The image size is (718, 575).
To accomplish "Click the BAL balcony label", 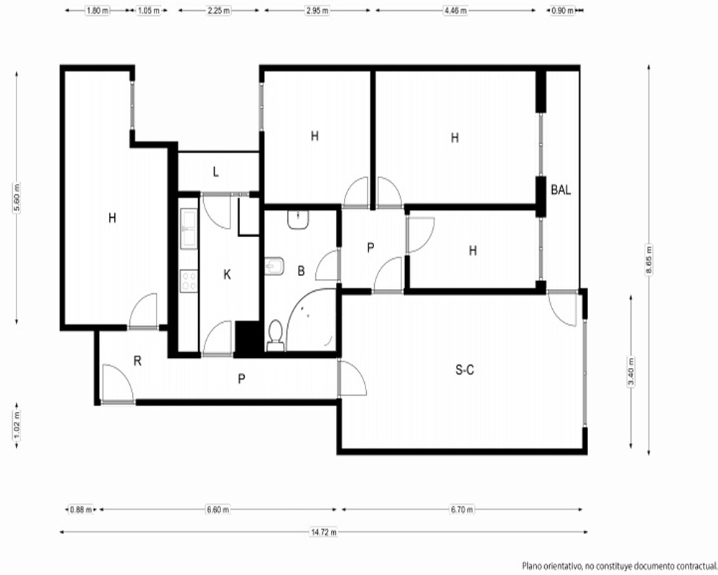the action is (561, 189).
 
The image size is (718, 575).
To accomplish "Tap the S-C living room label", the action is (465, 369).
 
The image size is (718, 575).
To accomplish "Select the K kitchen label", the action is (227, 275).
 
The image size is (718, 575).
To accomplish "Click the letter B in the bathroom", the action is (301, 271).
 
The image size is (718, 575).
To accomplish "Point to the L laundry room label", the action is (215, 172).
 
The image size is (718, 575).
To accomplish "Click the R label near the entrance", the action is (137, 361).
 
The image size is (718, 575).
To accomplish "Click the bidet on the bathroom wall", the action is (274, 266).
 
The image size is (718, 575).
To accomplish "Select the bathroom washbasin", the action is (298, 220).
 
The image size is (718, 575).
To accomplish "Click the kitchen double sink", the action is (189, 229).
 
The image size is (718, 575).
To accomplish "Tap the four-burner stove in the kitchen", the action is (189, 281).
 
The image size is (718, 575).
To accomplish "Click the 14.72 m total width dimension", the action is (324, 532).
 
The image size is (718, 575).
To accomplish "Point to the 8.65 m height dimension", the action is (649, 260).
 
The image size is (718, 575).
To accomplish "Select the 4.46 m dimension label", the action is (455, 10).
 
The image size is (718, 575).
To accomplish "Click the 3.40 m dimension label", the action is (631, 372).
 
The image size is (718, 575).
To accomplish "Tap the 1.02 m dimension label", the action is (17, 425).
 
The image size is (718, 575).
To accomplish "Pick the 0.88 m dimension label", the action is (80, 510).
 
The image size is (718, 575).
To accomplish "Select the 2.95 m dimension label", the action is (317, 10).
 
